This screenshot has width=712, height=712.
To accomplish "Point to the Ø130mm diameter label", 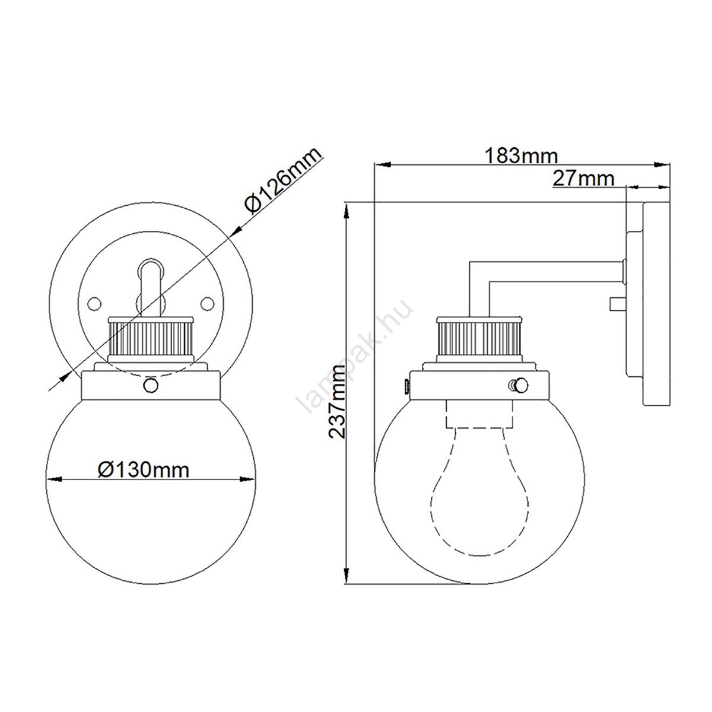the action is [x=144, y=471].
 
